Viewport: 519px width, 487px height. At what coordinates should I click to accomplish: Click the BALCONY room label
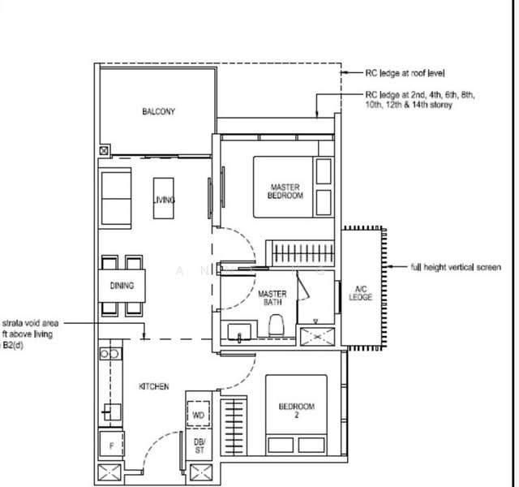point(157,112)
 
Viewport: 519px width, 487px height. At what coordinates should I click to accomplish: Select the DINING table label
point(122,286)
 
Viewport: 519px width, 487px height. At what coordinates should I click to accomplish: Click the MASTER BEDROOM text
point(286,192)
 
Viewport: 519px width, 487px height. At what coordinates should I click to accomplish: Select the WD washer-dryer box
point(198,416)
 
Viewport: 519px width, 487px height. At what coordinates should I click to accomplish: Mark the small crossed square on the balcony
point(103,151)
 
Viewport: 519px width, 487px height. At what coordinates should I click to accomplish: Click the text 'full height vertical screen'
point(456,267)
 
